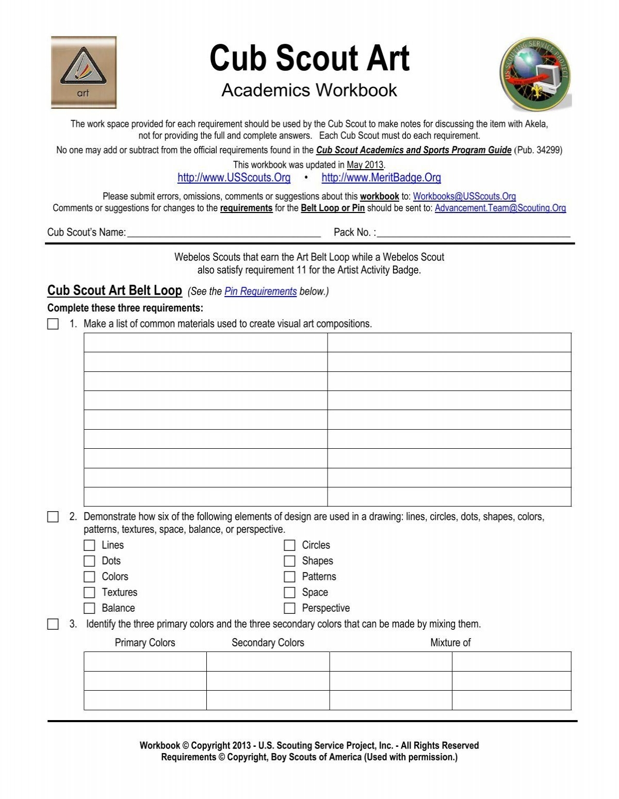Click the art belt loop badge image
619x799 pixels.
point(84,72)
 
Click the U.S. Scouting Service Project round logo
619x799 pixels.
point(535,75)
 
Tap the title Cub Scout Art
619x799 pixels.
point(309,58)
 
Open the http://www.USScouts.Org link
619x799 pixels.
point(234,178)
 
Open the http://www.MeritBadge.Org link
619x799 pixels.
point(381,178)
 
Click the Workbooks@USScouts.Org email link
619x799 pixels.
point(464,197)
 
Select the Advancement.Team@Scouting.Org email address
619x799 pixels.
point(500,208)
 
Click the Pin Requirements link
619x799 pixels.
point(260,291)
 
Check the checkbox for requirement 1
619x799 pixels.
point(53,324)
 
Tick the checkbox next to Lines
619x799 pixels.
point(89,545)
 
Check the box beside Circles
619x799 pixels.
point(289,545)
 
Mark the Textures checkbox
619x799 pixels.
point(89,592)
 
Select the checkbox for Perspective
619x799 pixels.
point(289,608)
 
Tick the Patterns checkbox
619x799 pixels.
point(289,577)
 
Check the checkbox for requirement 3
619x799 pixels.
point(53,624)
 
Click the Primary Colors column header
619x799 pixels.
point(145,643)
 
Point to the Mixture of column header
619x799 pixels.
point(450,643)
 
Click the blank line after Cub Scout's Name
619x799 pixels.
point(224,233)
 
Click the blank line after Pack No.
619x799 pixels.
point(474,233)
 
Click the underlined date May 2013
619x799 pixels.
point(365,165)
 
